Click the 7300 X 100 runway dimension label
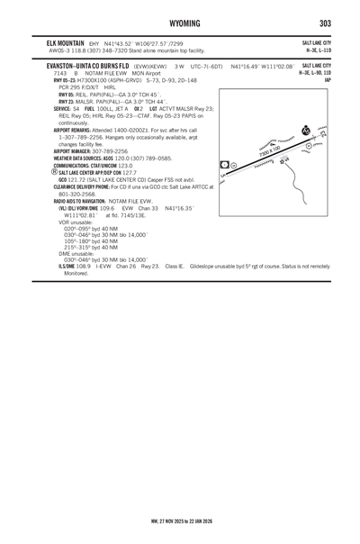[x=272, y=144]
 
